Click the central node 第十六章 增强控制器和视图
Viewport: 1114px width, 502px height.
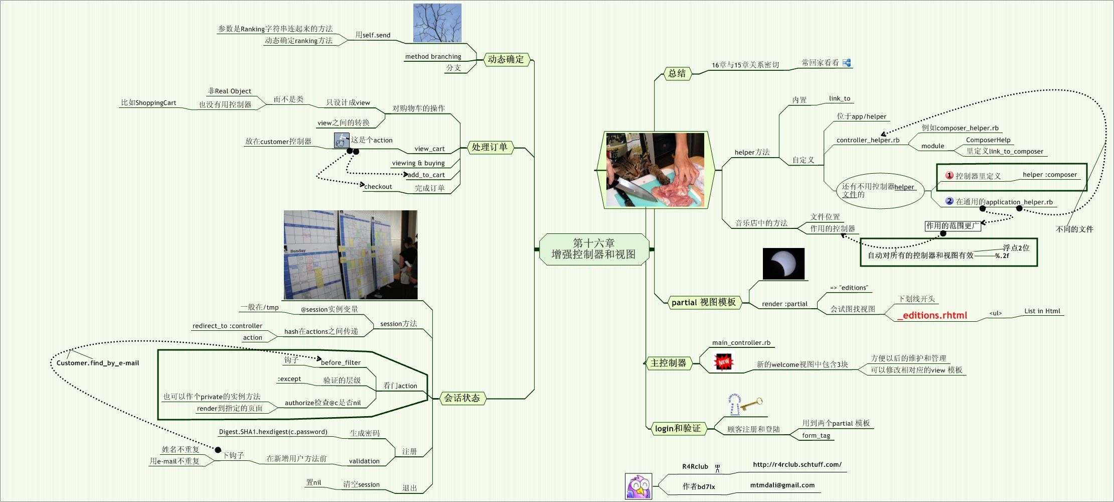[x=594, y=249]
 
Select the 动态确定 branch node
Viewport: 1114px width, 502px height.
[x=506, y=59]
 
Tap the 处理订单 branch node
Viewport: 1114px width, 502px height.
[x=489, y=147]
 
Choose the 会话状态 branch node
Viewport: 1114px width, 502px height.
[x=461, y=398]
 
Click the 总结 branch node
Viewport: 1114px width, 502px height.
[x=677, y=73]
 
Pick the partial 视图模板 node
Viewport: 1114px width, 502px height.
[x=703, y=302]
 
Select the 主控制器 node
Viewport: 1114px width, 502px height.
[x=668, y=363]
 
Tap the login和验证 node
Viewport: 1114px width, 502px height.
[x=677, y=428]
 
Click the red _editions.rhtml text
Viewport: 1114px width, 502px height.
[x=932, y=315]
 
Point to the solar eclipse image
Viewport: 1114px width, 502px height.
[x=783, y=264]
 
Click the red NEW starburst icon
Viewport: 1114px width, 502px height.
[x=723, y=361]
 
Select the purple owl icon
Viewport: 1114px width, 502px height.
[x=639, y=486]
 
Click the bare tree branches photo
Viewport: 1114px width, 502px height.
[x=437, y=23]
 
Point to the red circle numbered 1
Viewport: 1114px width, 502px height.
[x=949, y=175]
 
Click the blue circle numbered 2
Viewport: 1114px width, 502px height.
[x=949, y=201]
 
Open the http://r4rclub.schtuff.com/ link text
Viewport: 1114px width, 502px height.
[x=797, y=464]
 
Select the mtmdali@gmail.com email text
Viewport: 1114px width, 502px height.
[x=782, y=485]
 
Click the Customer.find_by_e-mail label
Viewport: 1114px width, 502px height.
[x=98, y=363]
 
